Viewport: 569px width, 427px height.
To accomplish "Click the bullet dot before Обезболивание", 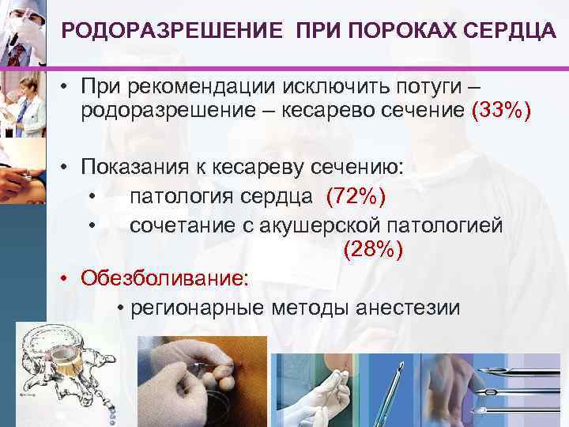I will click(69, 279).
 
